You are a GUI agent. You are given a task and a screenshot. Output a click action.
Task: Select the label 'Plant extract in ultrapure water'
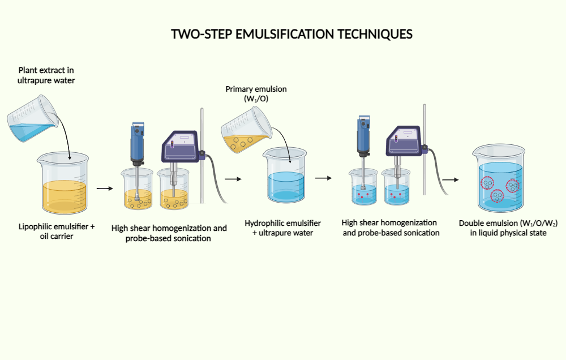coord(46,75)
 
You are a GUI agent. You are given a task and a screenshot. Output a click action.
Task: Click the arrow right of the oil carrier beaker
coord(105,188)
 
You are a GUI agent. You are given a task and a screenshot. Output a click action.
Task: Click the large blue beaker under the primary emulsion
coord(285,177)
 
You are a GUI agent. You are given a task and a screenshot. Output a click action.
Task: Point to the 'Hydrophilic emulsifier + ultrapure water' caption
coord(282,228)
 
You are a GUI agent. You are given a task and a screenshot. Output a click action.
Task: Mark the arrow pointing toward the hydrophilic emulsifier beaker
coord(233,179)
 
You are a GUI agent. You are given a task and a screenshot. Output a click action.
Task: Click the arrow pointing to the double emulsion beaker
coord(451,180)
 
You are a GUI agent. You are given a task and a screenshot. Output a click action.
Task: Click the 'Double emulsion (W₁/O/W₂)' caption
coord(508,228)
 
